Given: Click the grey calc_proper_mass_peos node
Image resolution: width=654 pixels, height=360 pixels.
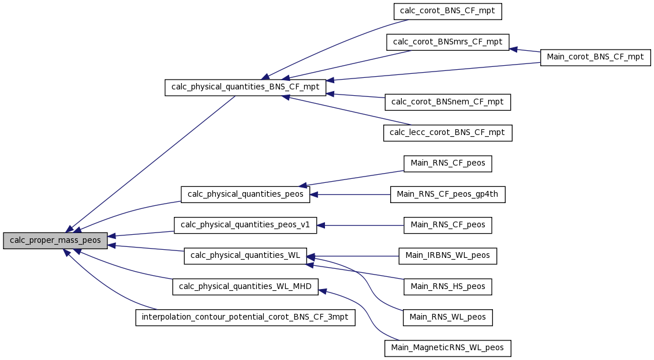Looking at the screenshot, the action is (55, 241).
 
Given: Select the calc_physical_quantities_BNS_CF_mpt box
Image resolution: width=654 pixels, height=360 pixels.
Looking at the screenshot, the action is (245, 88).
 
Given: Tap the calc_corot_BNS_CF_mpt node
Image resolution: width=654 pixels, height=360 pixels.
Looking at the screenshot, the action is (447, 12).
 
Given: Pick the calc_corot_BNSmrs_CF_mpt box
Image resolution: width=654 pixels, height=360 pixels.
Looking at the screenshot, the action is (447, 43).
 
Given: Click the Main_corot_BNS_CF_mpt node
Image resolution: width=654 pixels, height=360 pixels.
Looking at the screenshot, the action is (595, 57).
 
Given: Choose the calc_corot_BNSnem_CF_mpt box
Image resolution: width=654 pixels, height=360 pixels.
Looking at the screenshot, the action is (447, 102).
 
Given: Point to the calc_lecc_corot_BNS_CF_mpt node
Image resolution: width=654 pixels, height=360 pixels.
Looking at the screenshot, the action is (447, 133).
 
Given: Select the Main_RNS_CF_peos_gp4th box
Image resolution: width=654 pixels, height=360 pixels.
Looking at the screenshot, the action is (447, 194).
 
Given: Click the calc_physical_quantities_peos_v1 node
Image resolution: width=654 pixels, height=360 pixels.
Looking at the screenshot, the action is (245, 226).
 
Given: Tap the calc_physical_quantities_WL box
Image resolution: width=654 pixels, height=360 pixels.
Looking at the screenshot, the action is (245, 256).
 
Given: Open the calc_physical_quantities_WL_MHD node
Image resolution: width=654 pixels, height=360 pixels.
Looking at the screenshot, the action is (245, 287).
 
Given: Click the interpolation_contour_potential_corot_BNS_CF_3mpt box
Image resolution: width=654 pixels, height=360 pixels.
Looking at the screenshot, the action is (245, 317).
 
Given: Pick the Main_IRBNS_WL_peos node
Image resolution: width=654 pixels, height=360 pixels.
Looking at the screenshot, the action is (447, 256).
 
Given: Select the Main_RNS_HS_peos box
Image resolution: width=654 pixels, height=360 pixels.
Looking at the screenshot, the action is (447, 287).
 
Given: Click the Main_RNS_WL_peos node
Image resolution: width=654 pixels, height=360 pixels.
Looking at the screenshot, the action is (447, 318).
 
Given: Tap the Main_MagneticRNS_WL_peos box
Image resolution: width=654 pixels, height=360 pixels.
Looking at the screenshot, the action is (447, 348).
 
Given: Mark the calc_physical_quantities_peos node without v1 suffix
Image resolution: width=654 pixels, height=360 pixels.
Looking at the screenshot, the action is (245, 194).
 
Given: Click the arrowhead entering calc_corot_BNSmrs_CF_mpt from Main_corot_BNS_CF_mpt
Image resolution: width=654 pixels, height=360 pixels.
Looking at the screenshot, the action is (513, 49).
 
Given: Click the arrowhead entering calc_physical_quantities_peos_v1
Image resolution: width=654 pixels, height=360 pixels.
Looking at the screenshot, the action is (321, 226).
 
